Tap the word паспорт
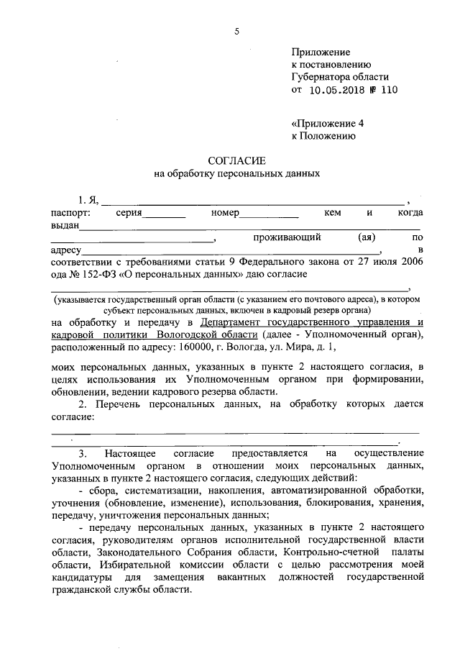(x=70, y=213)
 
